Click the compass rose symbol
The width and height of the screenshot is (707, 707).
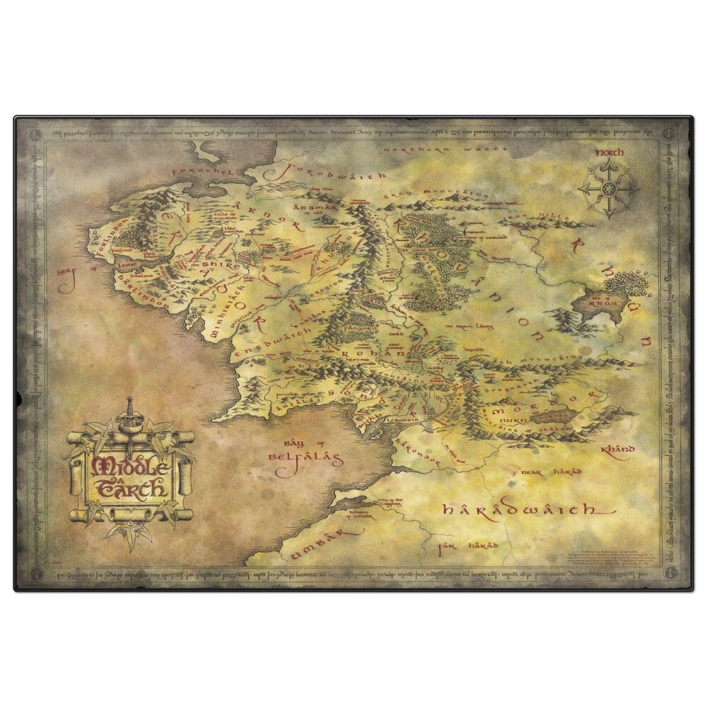607,189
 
